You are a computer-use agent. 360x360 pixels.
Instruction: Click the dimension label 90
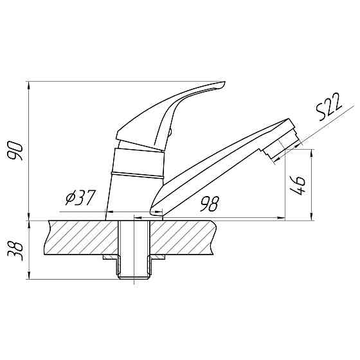[x=15, y=150]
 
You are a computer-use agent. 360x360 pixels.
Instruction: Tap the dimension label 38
[x=15, y=251]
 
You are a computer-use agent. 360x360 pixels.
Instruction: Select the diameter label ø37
[x=80, y=198]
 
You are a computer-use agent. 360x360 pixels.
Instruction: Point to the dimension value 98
[x=210, y=204]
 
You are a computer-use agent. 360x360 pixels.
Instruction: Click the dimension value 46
[x=297, y=186]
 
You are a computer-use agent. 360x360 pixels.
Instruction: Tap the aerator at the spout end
[x=282, y=147]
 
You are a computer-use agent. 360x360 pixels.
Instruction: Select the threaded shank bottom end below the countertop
[x=134, y=276]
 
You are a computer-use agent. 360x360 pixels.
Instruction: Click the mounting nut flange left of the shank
[x=110, y=257]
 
